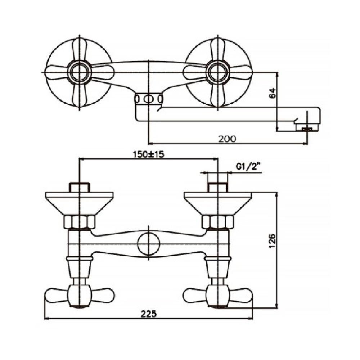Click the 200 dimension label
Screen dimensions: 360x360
pyautogui.click(x=227, y=139)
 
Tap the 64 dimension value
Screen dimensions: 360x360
pyautogui.click(x=273, y=93)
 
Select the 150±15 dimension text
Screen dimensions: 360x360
pyautogui.click(x=149, y=154)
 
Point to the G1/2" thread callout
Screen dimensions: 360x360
pyautogui.click(x=249, y=166)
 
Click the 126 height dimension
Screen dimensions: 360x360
pyautogui.click(x=272, y=241)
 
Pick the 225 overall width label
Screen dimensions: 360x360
pyautogui.click(x=149, y=314)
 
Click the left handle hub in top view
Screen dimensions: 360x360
pyautogui.click(x=80, y=72)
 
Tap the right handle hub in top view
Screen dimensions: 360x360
pyautogui.click(x=217, y=72)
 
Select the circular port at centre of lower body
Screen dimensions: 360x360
pyautogui.click(x=149, y=244)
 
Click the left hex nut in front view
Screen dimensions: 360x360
pyautogui.click(x=80, y=222)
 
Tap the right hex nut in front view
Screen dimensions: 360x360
pyautogui.click(x=218, y=222)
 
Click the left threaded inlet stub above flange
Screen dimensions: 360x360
pyautogui.click(x=80, y=187)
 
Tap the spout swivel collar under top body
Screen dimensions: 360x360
pyautogui.click(x=149, y=99)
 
